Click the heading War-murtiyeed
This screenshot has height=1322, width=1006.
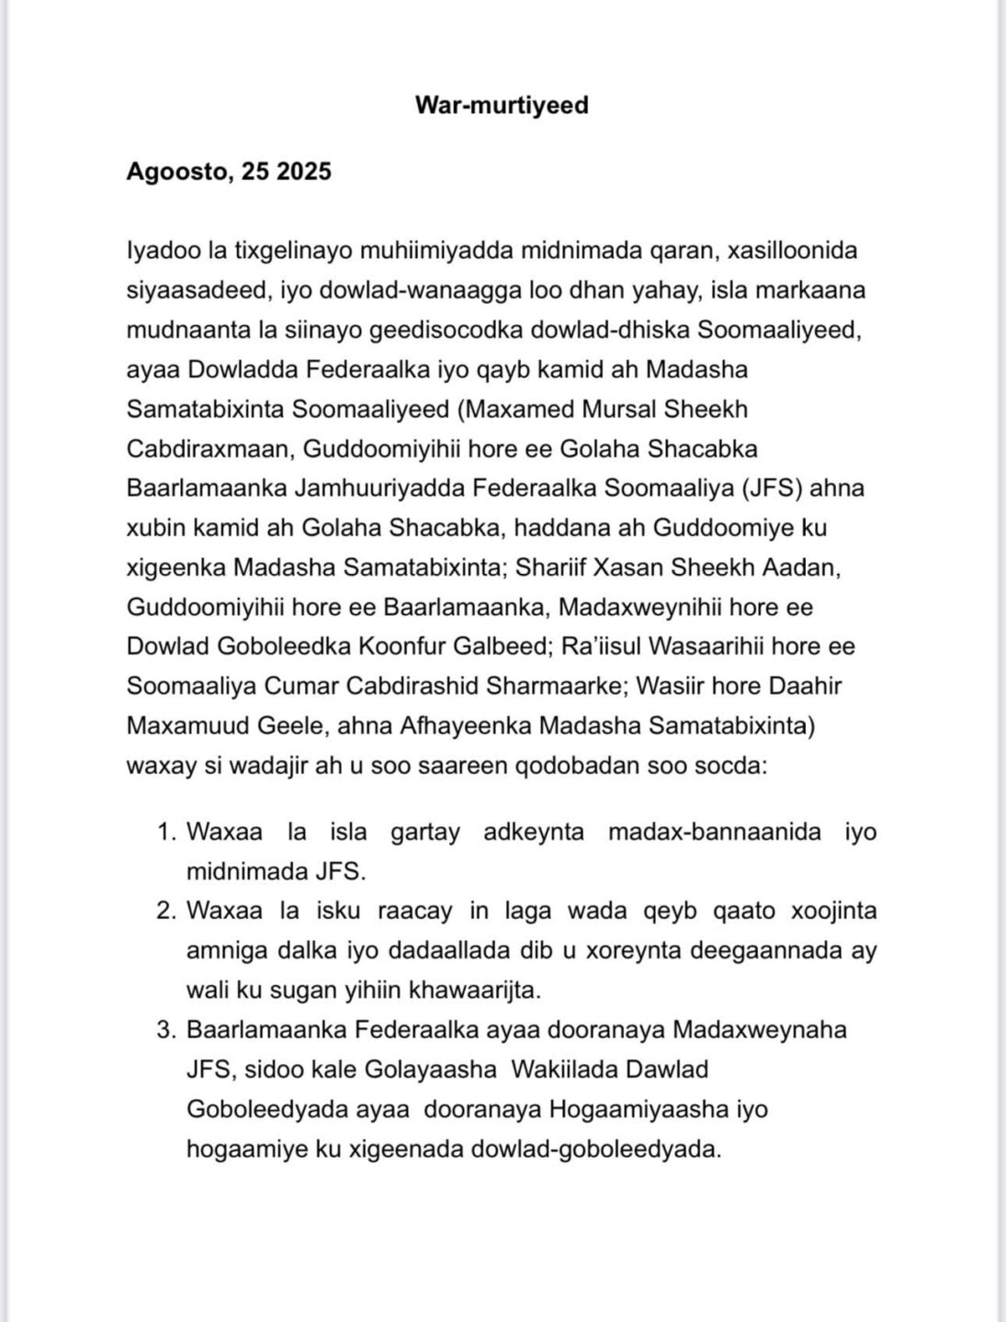pos(502,105)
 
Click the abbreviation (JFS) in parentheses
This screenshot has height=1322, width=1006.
pos(773,487)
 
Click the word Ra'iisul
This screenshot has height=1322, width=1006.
pos(597,646)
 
